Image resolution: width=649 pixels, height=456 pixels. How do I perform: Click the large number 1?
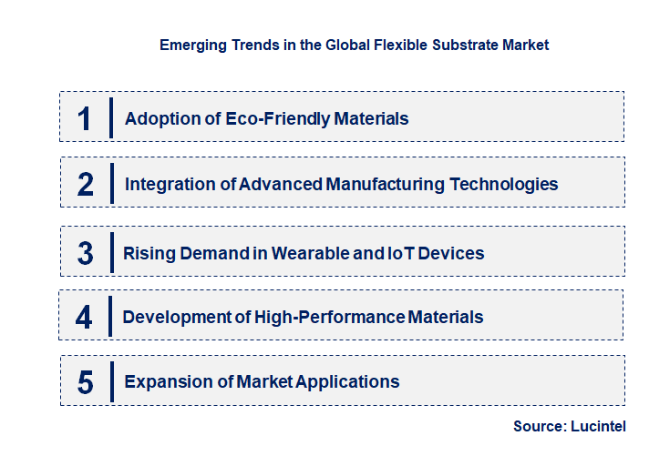coord(85,119)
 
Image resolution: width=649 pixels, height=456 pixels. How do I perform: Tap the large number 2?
coord(86,185)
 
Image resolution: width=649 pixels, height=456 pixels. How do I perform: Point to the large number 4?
coord(84,318)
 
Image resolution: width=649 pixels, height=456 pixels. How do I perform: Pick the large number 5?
coord(86,382)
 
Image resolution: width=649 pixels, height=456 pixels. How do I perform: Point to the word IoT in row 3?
coord(401,253)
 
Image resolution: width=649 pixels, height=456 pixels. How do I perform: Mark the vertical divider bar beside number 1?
coord(110,117)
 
